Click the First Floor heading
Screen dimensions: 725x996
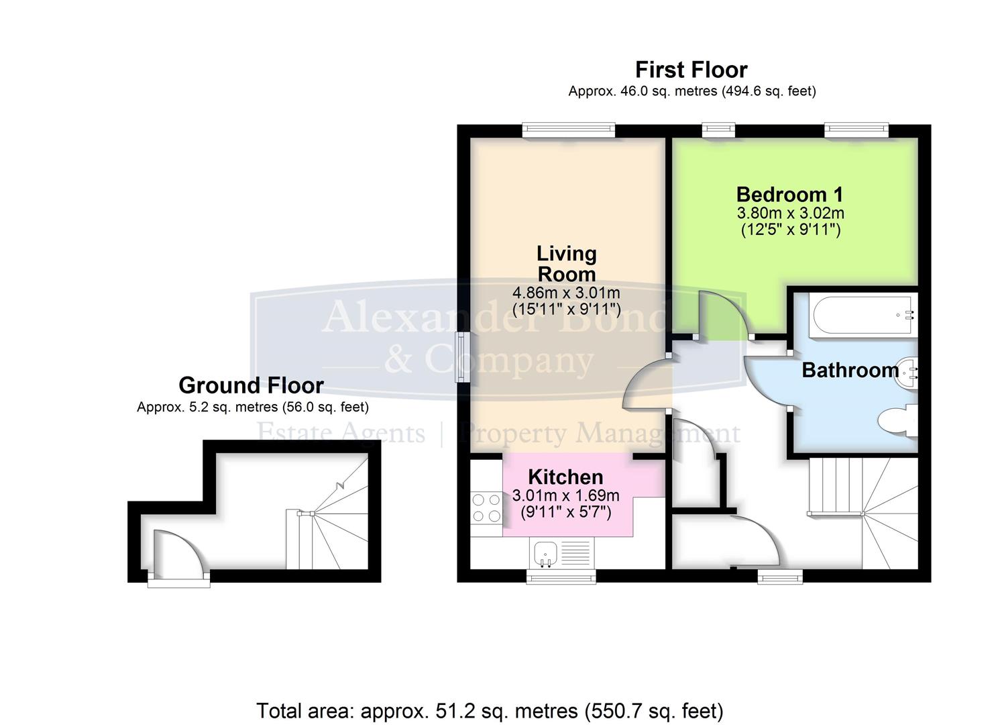[691, 70]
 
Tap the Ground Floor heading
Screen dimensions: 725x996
[251, 385]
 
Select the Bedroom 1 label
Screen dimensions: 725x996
[789, 195]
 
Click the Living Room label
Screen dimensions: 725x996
[566, 264]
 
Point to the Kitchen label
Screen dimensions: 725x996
[565, 477]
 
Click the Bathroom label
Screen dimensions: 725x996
[850, 370]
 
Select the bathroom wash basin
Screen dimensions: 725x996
[907, 371]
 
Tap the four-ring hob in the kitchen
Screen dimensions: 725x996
[487, 508]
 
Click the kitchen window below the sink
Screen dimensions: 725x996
[561, 576]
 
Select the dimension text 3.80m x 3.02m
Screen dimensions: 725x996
[790, 213]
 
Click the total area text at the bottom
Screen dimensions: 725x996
[490, 710]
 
